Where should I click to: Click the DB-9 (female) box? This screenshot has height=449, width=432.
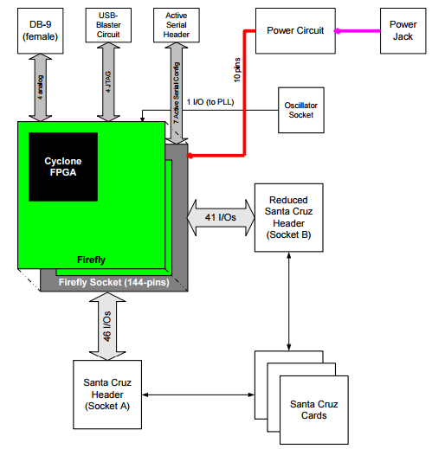click(41, 31)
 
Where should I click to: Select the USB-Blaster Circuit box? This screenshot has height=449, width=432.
click(108, 25)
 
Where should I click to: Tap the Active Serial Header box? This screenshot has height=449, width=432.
click(177, 25)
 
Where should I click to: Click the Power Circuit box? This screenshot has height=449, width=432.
click(295, 31)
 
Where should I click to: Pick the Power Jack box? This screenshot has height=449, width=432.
click(403, 31)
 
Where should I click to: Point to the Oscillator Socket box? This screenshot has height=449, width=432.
click(301, 110)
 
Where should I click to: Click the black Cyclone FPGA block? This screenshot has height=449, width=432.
click(63, 167)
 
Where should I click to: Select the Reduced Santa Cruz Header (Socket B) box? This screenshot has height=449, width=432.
click(288, 217)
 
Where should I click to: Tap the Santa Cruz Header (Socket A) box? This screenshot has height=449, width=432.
click(107, 394)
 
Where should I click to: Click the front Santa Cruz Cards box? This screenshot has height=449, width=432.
click(314, 410)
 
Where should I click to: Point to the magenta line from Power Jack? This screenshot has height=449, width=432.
click(358, 31)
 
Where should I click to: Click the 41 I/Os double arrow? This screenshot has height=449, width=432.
click(221, 217)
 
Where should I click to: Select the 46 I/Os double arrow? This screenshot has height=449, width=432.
click(107, 326)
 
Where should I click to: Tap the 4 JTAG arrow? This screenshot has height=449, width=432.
click(108, 82)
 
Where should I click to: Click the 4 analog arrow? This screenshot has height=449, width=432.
click(41, 87)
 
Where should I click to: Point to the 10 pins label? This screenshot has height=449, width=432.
click(237, 70)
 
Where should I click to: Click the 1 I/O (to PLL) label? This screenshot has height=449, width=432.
click(210, 102)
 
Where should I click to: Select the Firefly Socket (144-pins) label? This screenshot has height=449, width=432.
click(114, 282)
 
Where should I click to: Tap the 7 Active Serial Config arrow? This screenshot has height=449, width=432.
click(177, 93)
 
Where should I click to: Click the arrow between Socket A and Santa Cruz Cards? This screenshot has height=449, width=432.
click(198, 394)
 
